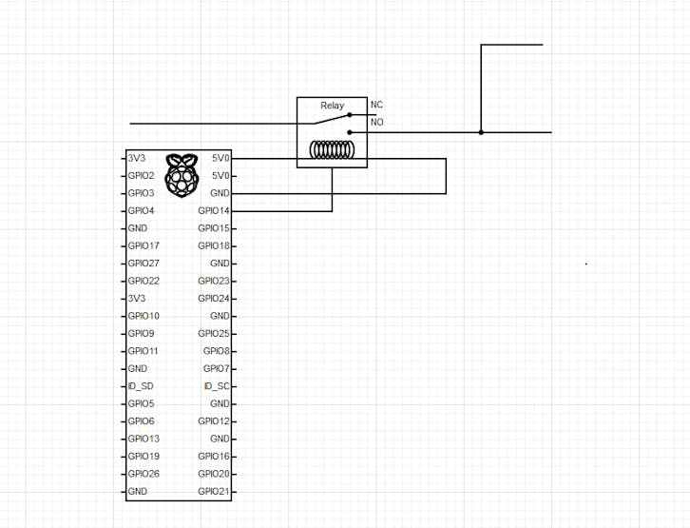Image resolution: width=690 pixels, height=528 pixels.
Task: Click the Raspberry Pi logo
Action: (182, 175)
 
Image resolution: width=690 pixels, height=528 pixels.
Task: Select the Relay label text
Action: (333, 106)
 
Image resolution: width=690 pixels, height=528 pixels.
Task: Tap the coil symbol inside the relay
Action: (333, 149)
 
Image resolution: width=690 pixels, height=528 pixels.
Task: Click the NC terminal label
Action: (376, 105)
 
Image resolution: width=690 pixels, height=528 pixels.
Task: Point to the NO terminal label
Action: (377, 122)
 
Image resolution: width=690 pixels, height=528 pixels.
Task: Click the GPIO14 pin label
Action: (214, 211)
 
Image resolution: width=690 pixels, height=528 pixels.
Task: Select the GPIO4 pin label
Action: (142, 211)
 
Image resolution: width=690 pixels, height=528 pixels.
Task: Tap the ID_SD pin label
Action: (141, 386)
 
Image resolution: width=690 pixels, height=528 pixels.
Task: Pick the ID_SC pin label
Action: (217, 386)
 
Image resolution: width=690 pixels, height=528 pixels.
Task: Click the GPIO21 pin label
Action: (214, 492)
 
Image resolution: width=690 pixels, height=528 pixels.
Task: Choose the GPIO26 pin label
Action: (144, 474)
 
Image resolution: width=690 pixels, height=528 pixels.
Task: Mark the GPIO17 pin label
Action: (144, 245)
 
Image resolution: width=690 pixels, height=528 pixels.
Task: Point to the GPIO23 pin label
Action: (214, 281)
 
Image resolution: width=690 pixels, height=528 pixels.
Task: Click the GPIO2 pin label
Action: (142, 176)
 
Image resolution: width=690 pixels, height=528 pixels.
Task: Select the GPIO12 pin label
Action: (214, 421)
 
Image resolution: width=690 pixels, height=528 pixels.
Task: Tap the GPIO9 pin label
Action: (142, 333)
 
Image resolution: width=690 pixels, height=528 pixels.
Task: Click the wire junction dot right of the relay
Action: (481, 132)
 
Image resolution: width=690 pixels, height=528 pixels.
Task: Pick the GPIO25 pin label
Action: (214, 333)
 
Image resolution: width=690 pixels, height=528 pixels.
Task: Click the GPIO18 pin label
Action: (214, 245)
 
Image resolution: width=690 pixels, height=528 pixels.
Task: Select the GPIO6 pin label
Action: (142, 421)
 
